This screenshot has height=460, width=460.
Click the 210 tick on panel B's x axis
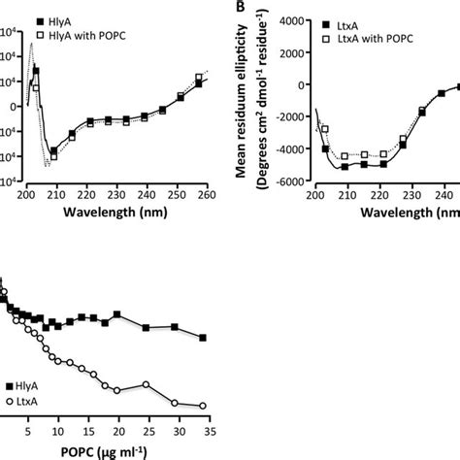345,194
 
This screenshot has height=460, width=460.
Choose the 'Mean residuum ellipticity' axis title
249,92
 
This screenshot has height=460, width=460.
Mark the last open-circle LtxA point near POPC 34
204,406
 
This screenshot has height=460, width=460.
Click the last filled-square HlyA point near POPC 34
204,338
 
